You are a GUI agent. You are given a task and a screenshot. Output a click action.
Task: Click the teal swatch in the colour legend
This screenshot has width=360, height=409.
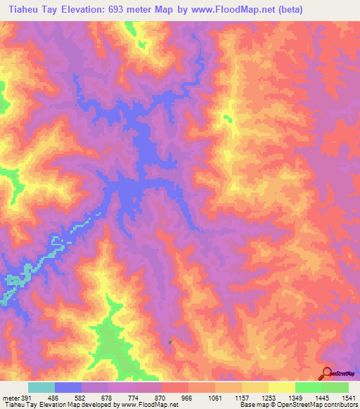click(41, 387)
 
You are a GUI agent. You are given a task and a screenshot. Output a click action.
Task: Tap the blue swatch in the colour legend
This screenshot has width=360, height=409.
click(68, 387)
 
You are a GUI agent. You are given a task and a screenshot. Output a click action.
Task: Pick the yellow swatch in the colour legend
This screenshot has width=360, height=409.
click(282, 387)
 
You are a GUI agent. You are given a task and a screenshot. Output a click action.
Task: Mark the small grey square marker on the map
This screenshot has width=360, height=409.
click(170, 342)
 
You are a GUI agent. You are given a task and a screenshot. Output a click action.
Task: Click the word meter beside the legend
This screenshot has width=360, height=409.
click(10, 398)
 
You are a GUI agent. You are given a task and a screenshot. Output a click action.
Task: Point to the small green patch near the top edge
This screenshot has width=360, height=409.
click(130, 28)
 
